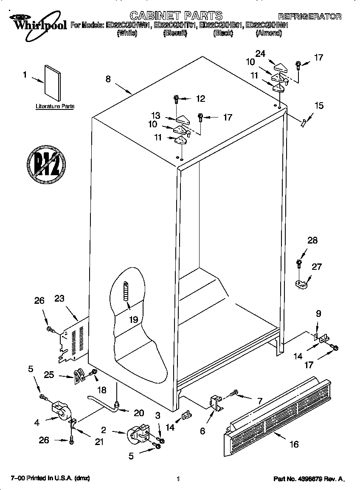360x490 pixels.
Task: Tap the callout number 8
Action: click(108, 79)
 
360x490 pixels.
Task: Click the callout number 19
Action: click(134, 319)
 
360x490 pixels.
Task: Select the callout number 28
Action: click(312, 241)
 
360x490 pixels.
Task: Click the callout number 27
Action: click(316, 267)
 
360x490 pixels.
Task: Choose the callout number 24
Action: click(260, 53)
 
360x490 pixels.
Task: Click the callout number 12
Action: click(200, 99)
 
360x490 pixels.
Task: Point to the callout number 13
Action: click(155, 115)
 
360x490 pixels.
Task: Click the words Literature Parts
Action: click(55, 106)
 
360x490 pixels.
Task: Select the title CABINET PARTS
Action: click(176, 16)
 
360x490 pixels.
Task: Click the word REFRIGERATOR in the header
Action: click(309, 17)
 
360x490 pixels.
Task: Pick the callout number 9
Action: click(318, 314)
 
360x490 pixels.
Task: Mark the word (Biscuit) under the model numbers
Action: click(175, 33)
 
